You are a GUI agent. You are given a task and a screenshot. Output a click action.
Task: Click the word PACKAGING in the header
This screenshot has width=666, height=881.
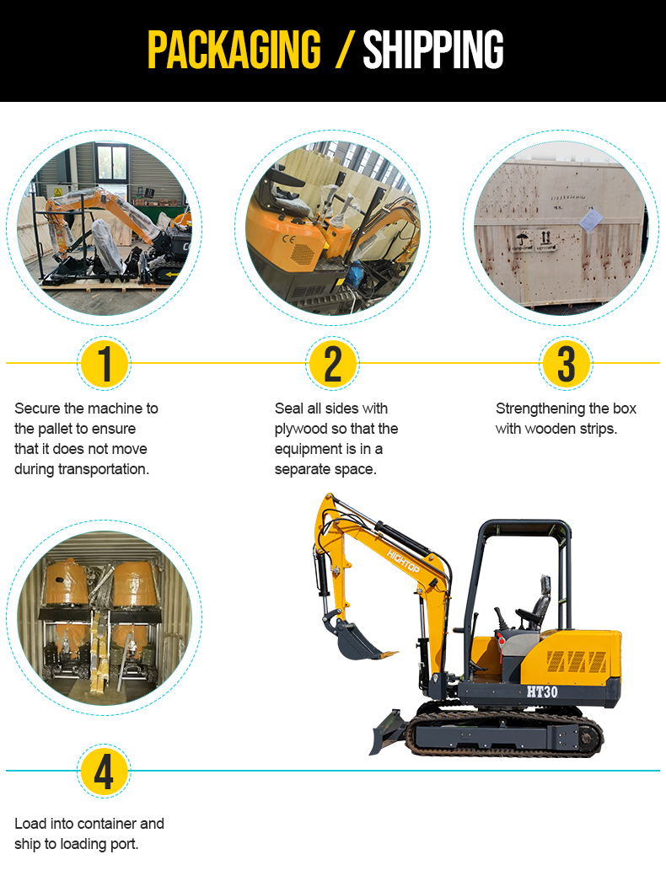(x=234, y=50)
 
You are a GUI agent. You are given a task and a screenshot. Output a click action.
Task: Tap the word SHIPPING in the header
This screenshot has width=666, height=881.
(x=433, y=50)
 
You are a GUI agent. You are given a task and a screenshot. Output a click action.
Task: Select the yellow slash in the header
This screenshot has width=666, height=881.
(x=344, y=50)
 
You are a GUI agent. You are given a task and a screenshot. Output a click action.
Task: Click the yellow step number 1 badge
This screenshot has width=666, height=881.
(x=104, y=364)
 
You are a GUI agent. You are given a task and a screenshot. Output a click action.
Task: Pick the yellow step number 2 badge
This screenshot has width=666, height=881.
(x=333, y=364)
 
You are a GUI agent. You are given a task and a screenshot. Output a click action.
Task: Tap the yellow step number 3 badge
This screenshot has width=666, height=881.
(x=566, y=364)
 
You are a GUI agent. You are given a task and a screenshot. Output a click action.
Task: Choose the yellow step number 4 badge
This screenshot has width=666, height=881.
(x=104, y=772)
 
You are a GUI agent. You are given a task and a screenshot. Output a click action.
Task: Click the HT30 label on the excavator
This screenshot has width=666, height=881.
(x=542, y=691)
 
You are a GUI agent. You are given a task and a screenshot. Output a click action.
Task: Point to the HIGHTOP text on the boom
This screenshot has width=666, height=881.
(x=403, y=562)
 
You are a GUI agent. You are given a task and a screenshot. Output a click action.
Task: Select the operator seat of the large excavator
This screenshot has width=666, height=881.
(x=536, y=606)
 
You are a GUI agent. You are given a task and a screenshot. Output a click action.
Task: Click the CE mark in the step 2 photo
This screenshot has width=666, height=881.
(x=288, y=239)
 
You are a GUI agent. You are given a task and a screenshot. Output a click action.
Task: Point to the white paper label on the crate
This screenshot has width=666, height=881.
(x=590, y=220)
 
